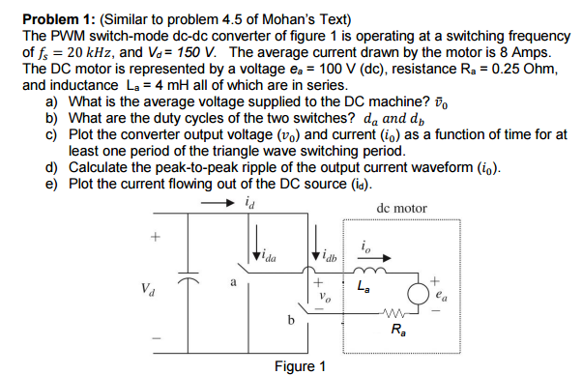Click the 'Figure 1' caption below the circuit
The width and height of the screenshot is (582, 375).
(x=300, y=365)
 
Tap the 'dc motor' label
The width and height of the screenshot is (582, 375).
(x=401, y=208)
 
